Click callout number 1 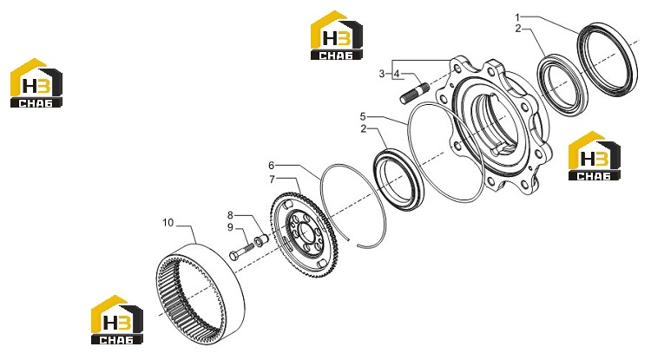pos(517,17)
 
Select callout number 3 pos(382,74)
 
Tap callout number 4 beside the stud pos(397,74)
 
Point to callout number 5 pos(363,116)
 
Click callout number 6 pos(271,166)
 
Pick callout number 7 pos(272,180)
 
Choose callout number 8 pos(230,215)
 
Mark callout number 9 pos(230,227)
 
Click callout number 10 pos(168,223)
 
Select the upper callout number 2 pos(517,29)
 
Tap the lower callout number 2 pos(364,129)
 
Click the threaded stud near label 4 pos(415,94)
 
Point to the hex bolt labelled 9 pos(241,252)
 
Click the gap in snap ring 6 pos(354,242)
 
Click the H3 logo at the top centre pos(337,36)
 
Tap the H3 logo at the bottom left pos(117,320)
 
